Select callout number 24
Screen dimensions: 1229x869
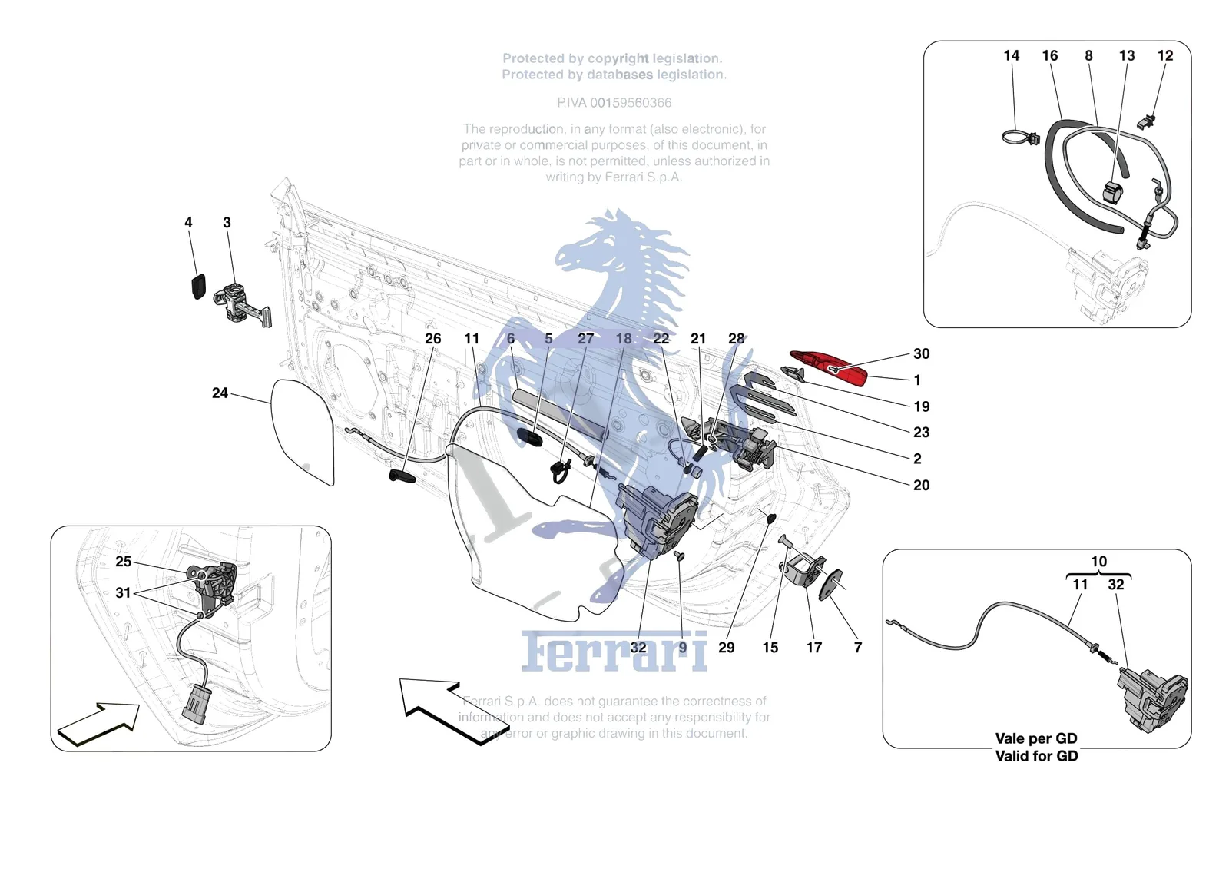point(220,393)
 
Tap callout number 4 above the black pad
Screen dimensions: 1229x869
point(188,222)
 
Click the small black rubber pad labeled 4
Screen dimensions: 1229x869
point(197,286)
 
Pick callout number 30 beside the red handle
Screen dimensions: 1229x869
point(921,353)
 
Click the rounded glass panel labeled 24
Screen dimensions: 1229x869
point(303,432)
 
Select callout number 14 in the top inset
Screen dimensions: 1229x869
point(1011,55)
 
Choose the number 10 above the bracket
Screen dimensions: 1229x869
point(1098,562)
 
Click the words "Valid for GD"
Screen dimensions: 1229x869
point(1036,756)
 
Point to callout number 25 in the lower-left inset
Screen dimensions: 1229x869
point(124,561)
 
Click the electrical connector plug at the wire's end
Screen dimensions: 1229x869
point(194,702)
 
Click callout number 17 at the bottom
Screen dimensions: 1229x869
point(813,648)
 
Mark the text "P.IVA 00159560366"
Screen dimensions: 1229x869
point(614,103)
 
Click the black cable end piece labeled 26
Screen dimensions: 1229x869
point(402,476)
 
